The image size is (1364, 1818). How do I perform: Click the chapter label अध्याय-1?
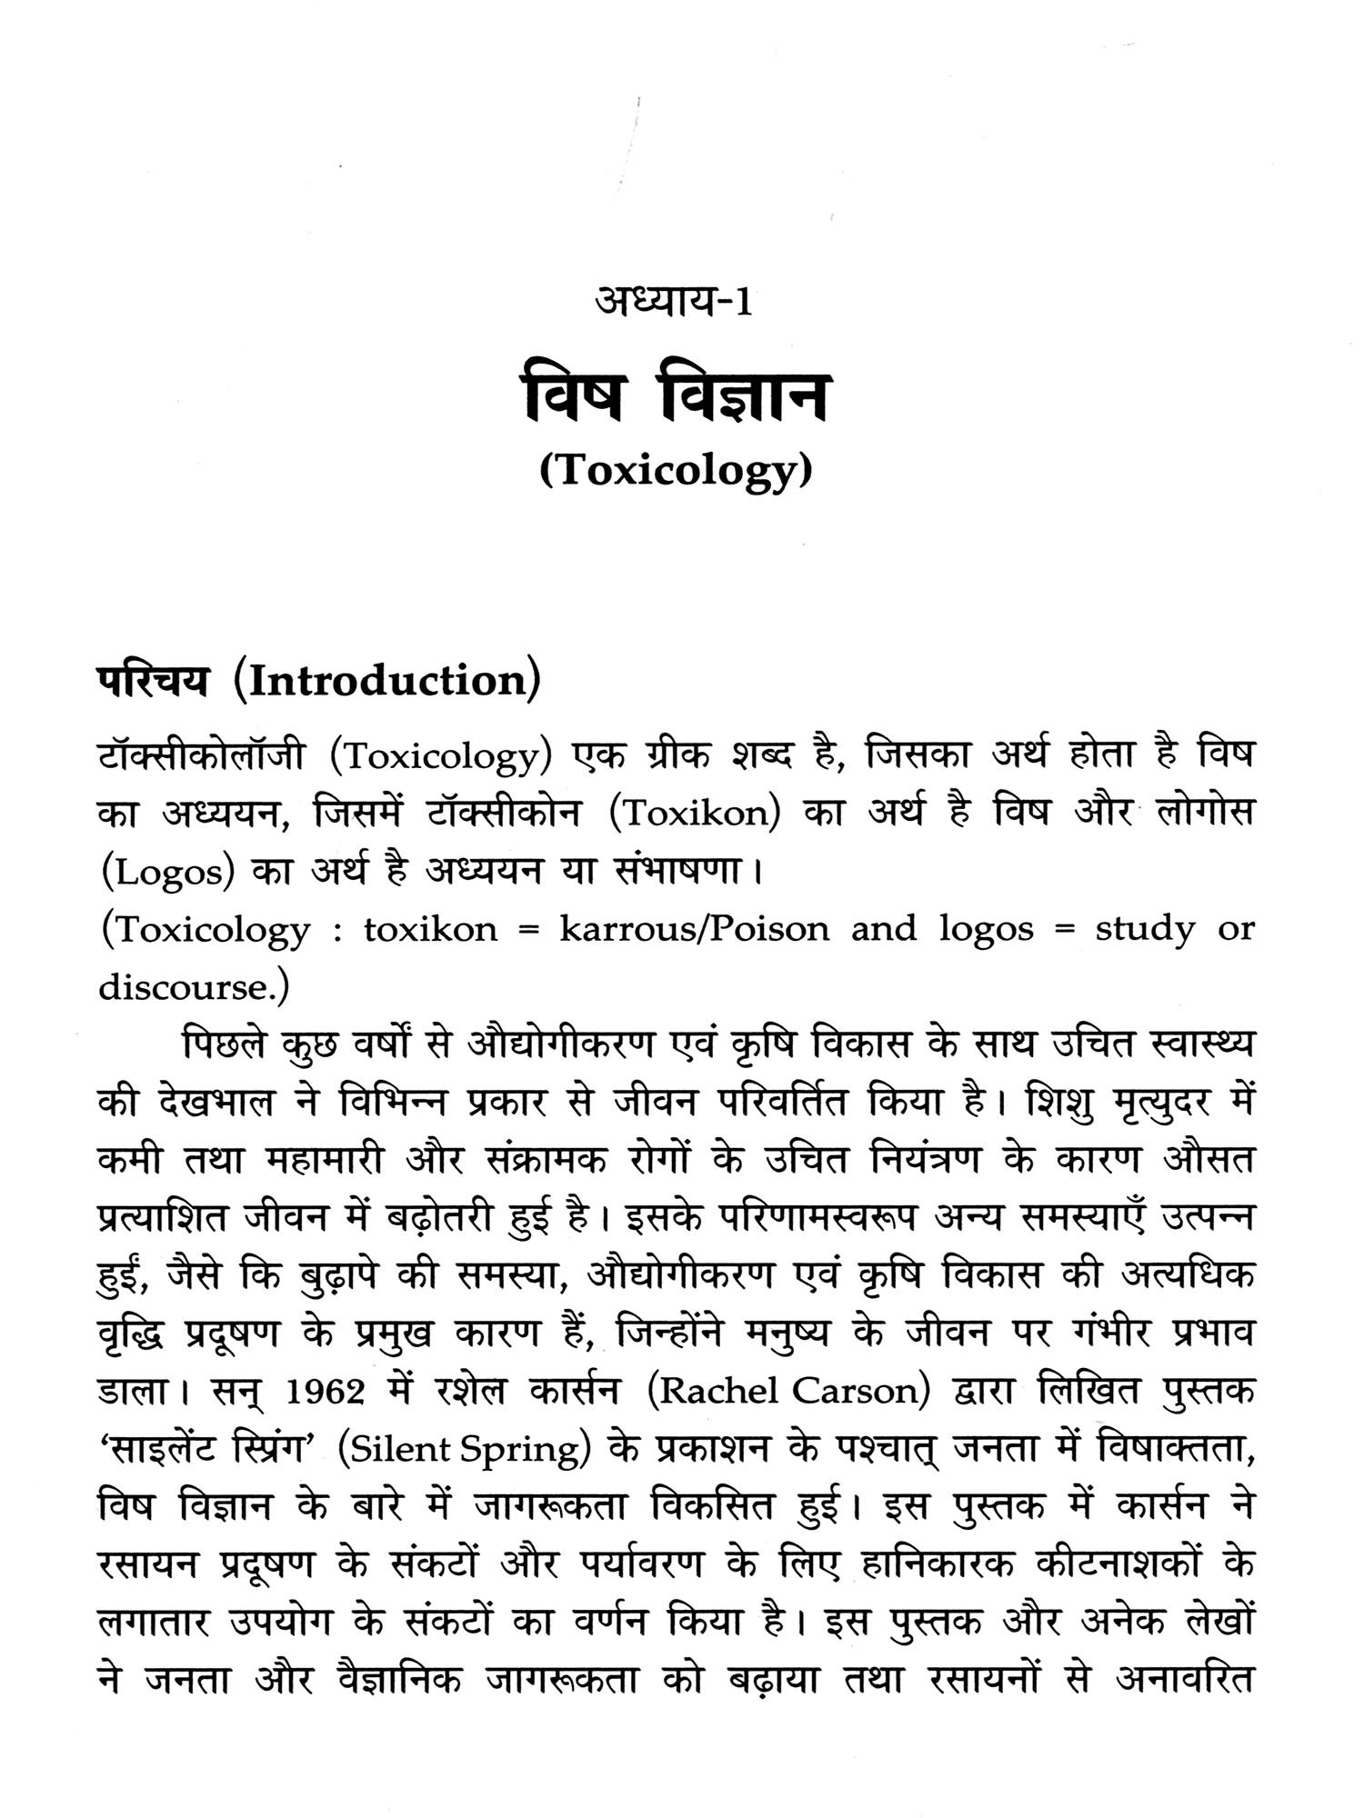coord(673,301)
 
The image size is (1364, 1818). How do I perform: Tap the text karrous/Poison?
coord(694,929)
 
